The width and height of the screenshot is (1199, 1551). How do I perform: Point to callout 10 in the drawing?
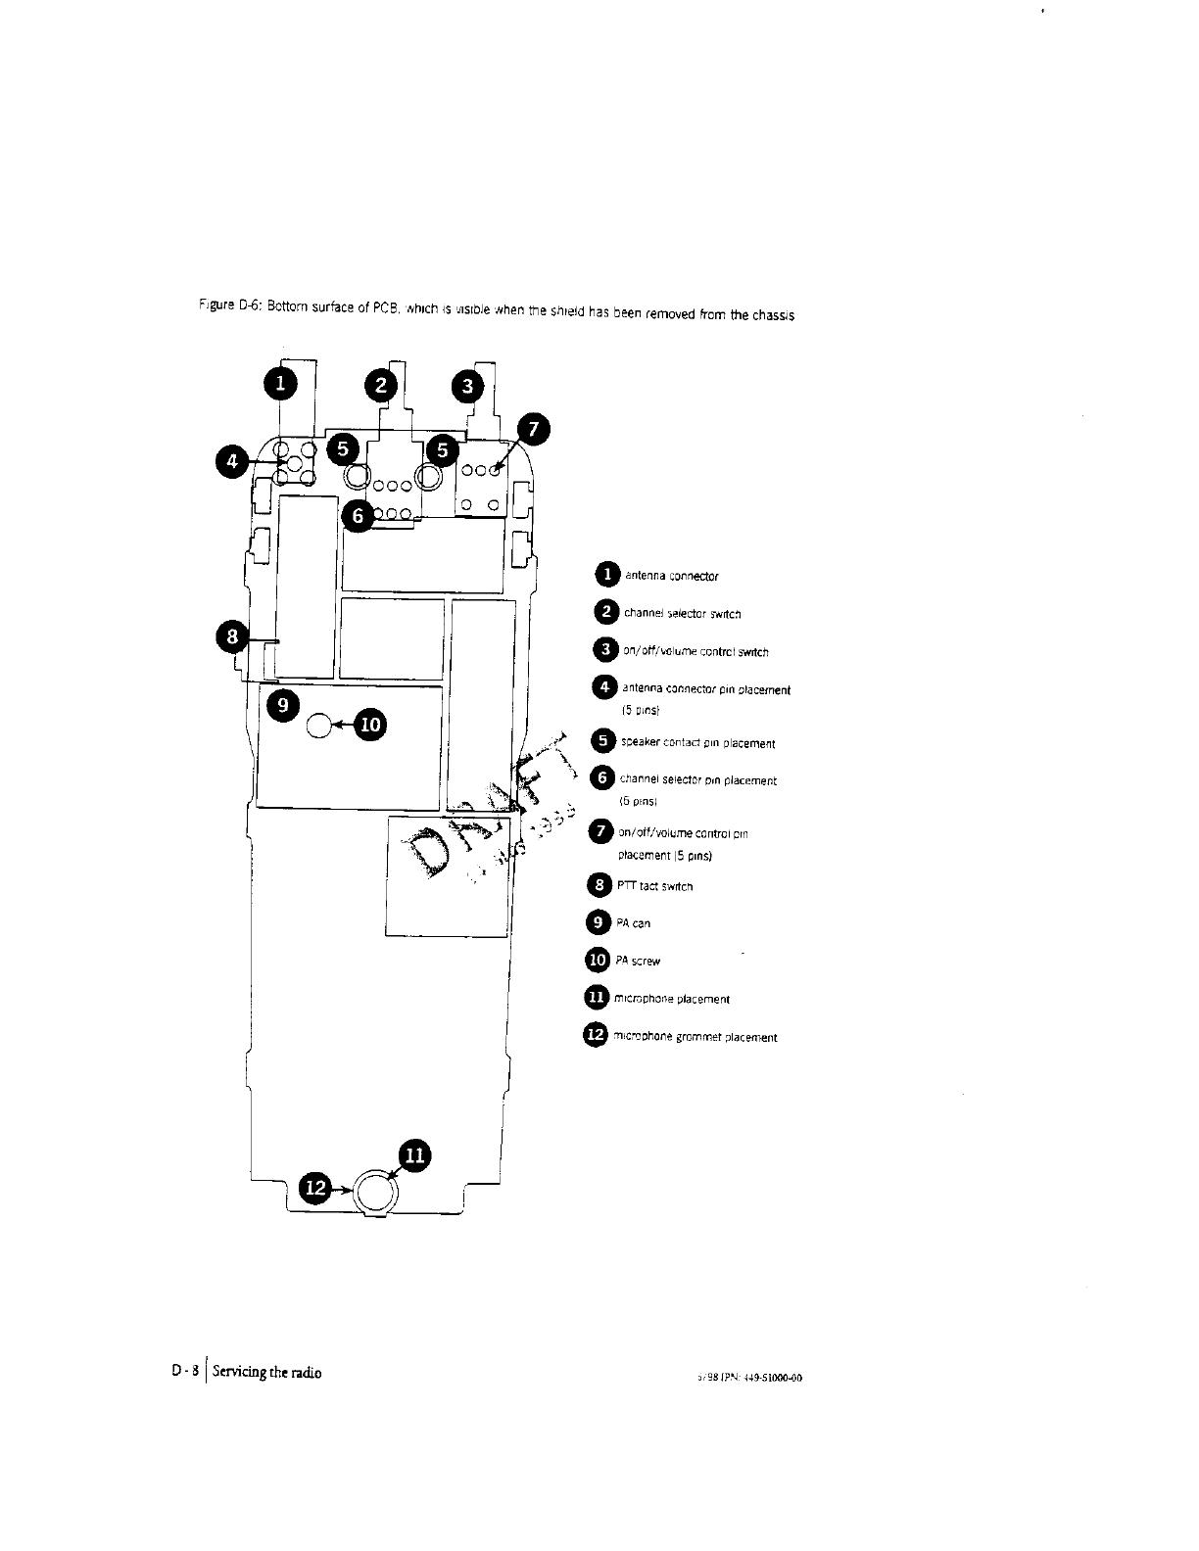coord(371,726)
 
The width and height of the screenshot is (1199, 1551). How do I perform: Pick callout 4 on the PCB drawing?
coord(232,460)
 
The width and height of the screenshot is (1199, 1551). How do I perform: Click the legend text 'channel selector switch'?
coord(682,614)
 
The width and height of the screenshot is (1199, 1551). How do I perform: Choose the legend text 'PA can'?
coord(633,923)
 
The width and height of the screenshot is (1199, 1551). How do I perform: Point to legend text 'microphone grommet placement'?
coord(695,1037)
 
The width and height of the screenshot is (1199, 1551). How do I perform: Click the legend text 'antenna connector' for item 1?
coord(671,576)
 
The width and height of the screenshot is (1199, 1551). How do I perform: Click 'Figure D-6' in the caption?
coord(214,306)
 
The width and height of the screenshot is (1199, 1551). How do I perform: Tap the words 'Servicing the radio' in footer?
coord(266,1372)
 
